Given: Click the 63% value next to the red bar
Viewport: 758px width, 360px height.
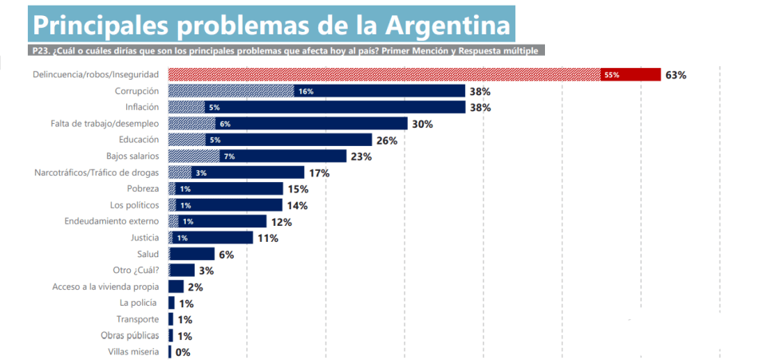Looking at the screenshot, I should click(675, 75).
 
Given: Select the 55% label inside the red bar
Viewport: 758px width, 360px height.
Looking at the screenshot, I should click(612, 75).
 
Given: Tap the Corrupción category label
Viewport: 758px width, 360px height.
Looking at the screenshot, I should click(137, 91).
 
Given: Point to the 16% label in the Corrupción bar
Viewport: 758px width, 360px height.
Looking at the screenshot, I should click(306, 92).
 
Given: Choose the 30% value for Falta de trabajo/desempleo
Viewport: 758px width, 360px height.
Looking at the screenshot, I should click(422, 124).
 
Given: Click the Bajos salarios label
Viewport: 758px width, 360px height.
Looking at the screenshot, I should click(132, 156).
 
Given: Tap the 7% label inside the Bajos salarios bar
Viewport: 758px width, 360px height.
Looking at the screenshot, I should click(229, 156).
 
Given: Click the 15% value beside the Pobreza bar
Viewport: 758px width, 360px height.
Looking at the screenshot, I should click(298, 189).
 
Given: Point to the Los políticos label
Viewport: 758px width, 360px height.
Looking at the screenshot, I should click(136, 205).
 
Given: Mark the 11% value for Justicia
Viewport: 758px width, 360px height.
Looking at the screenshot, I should click(267, 238).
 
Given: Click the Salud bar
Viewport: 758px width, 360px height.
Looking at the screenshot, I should click(191, 254).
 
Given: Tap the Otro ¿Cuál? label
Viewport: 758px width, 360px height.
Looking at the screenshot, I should click(136, 270).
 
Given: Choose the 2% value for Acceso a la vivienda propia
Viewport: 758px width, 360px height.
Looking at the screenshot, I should click(195, 287).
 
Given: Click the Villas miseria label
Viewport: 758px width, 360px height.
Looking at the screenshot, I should click(133, 352).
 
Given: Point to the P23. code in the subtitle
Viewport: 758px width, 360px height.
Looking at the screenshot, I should click(44, 50).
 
